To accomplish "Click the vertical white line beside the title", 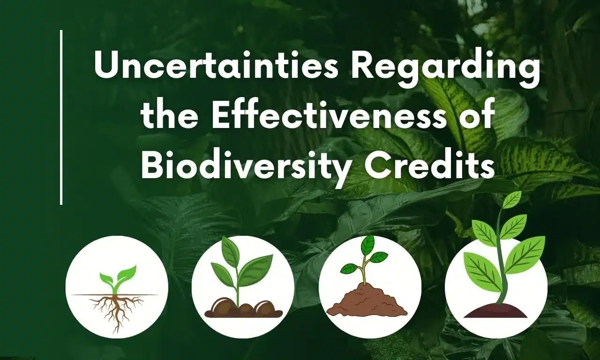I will pos(61,117).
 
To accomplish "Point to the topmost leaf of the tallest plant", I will pos(511,199).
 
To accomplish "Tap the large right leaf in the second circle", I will pos(255,270).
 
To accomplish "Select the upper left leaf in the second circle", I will pos(230,251).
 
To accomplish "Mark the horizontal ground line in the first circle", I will pos(84,295).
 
